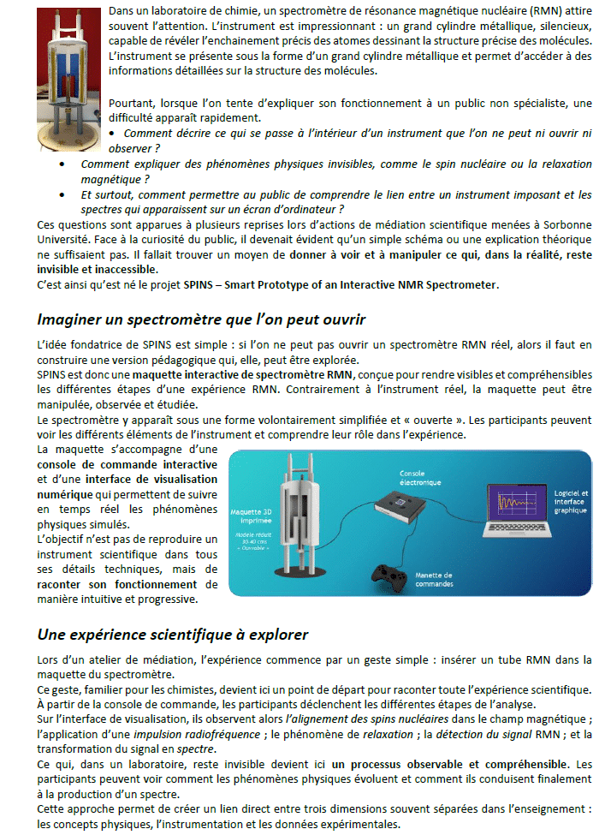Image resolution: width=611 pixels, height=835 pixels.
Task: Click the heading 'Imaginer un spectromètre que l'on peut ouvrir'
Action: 201,319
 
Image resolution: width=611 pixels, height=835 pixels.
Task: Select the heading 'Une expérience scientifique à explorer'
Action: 173,635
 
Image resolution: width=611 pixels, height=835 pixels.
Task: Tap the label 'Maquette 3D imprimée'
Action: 252,517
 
